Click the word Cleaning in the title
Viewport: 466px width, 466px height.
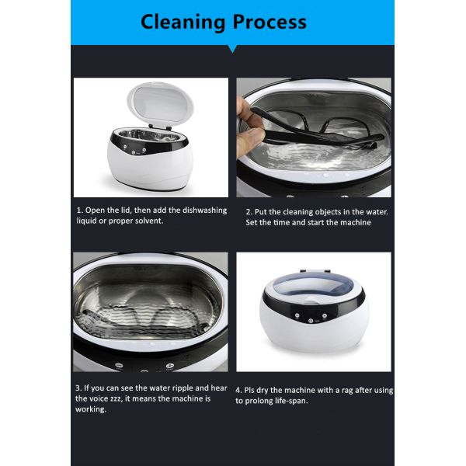[x=183, y=23]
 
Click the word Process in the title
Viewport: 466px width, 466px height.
[x=270, y=22]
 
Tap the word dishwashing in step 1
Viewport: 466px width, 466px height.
[x=204, y=210]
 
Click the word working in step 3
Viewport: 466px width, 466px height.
[x=91, y=409]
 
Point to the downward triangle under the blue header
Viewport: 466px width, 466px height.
[x=232, y=49]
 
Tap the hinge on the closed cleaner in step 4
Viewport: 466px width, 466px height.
[x=315, y=271]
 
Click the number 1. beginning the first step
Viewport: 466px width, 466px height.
[x=80, y=210]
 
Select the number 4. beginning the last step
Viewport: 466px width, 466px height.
[x=238, y=391]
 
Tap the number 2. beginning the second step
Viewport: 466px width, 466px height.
[x=249, y=212]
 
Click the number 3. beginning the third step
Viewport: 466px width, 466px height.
[x=78, y=388]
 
